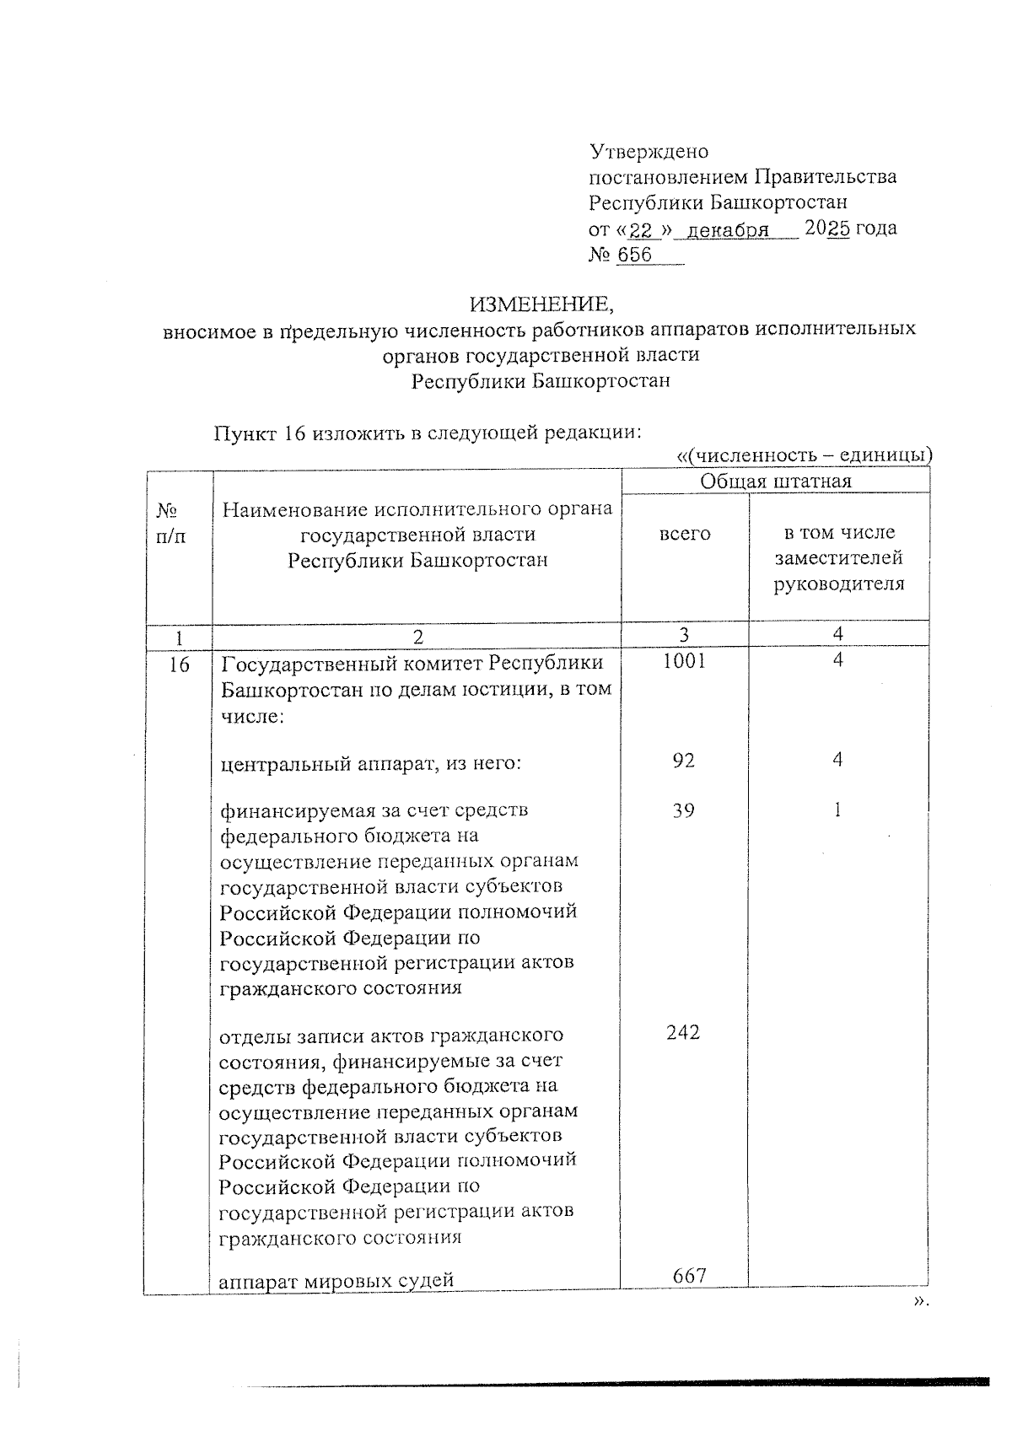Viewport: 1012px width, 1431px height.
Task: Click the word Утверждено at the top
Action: point(648,152)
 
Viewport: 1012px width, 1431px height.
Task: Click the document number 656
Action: point(634,255)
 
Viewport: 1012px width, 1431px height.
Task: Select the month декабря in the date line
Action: point(728,229)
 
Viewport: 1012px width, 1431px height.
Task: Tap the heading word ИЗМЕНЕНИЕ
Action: point(538,303)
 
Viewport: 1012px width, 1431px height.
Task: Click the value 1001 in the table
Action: point(684,661)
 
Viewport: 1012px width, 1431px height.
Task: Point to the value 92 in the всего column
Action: point(684,760)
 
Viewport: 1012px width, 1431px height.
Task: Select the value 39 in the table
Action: point(684,810)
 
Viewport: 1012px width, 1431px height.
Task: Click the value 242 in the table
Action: point(683,1032)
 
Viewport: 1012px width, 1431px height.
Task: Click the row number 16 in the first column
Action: point(178,664)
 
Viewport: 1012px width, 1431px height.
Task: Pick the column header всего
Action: point(685,534)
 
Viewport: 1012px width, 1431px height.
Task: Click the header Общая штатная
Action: point(776,481)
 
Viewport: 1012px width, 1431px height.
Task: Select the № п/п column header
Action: point(171,523)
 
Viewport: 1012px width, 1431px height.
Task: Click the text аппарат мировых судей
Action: point(336,1281)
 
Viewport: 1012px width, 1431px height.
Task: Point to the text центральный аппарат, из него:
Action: point(371,764)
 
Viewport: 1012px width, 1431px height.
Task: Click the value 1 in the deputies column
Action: point(837,810)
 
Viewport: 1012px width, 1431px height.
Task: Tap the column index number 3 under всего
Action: point(684,634)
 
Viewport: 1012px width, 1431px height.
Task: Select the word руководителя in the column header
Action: point(839,584)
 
